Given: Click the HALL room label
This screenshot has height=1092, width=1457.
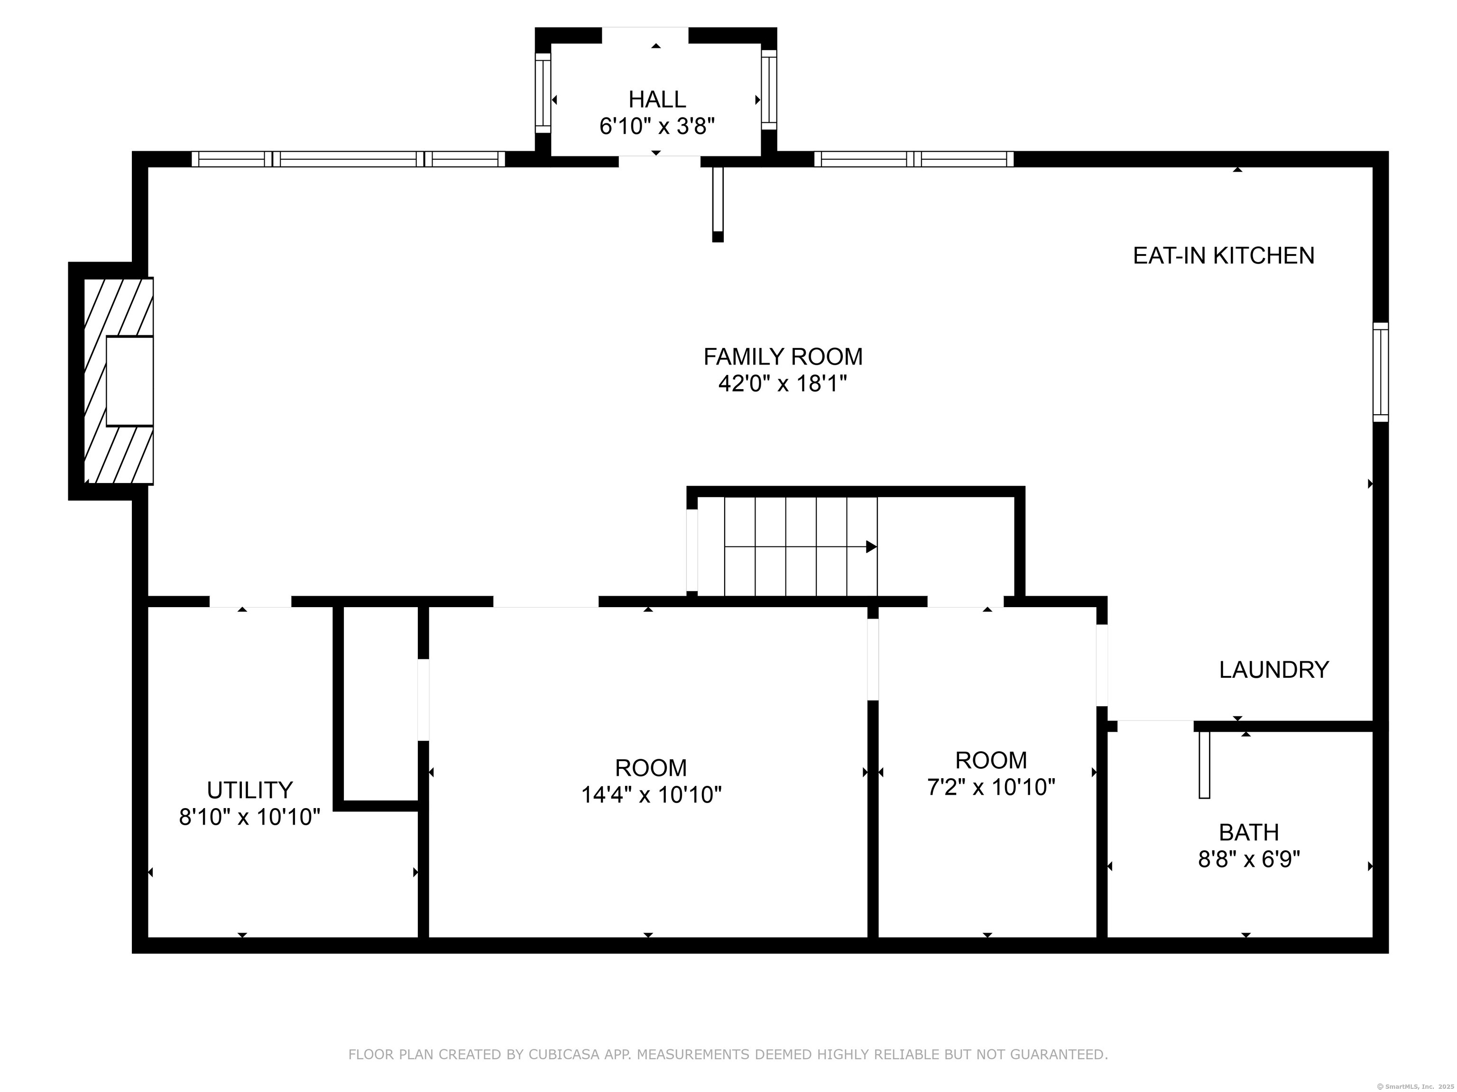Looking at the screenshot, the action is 657,100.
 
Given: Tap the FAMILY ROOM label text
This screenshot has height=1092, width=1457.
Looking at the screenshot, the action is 783,357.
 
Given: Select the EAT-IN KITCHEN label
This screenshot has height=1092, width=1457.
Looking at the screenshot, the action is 1223,255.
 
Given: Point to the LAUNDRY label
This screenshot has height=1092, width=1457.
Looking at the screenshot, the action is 1274,670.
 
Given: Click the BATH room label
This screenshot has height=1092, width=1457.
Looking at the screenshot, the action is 1249,833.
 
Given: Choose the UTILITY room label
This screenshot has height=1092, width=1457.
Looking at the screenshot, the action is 249,790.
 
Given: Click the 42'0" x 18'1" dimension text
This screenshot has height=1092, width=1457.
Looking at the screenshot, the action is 783,383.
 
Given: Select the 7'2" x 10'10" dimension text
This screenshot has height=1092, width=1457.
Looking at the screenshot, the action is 991,787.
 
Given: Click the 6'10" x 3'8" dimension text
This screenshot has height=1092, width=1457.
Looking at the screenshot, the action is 657,126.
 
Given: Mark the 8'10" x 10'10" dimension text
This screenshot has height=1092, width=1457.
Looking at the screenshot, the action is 249,817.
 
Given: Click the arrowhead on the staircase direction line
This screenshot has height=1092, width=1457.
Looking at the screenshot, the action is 871,546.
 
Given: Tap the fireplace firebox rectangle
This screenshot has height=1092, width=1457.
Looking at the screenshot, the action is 130,381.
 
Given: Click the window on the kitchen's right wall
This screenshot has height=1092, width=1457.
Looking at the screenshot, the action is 1381,372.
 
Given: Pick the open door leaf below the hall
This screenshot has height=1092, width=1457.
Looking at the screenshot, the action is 718,205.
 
